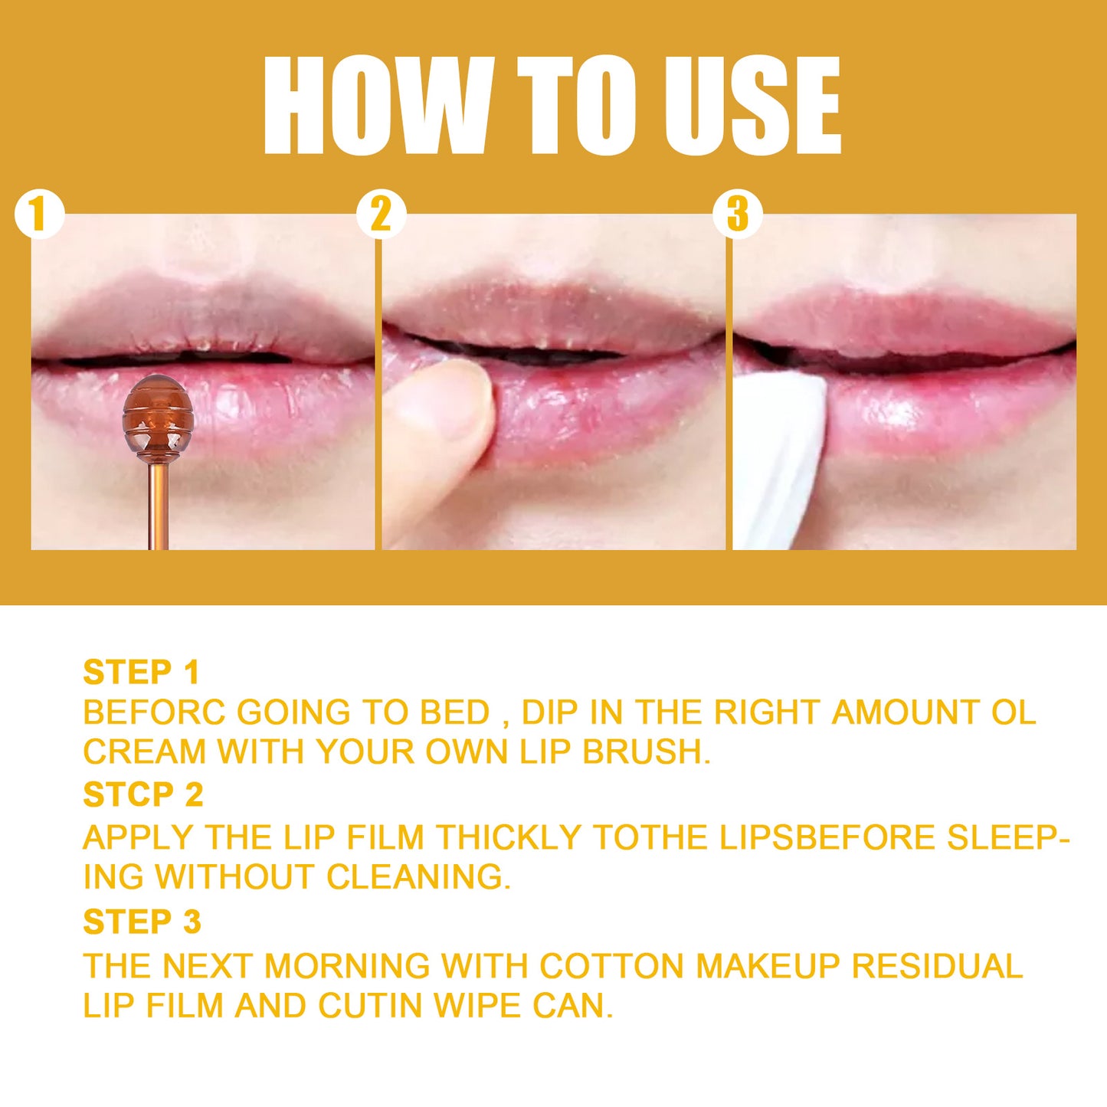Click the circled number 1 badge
(x=38, y=214)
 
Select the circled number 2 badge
(x=381, y=214)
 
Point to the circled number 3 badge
(x=737, y=214)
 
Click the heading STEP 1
(x=141, y=673)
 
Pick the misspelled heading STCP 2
(x=142, y=795)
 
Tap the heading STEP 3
(x=142, y=922)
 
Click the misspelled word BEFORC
(x=154, y=712)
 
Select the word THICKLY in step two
(x=508, y=837)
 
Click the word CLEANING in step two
(x=418, y=877)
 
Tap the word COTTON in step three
(x=611, y=966)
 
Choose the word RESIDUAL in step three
(x=937, y=966)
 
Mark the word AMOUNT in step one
(x=906, y=712)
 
